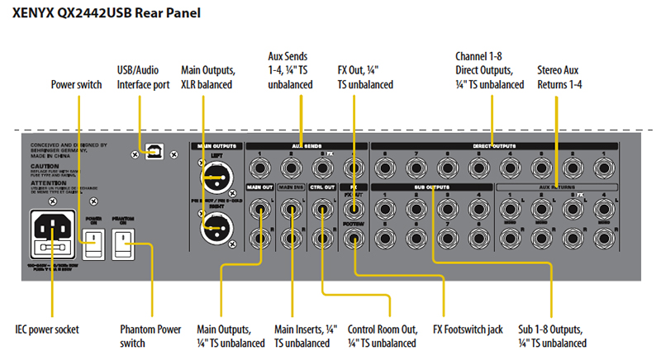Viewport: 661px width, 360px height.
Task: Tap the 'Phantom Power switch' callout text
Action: point(151,336)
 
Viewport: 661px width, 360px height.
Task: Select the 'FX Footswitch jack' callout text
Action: point(468,329)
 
